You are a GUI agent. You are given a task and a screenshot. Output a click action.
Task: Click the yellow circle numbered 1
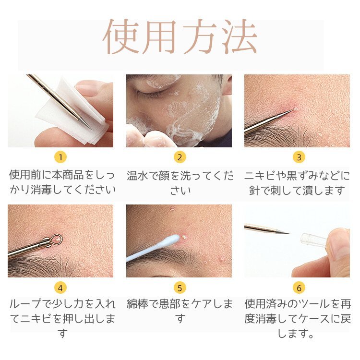(60, 157)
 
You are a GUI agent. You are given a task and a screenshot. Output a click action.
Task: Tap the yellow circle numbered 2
(180, 157)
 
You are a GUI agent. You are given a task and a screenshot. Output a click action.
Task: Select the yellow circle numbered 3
(298, 157)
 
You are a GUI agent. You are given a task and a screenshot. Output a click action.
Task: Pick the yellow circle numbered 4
(60, 288)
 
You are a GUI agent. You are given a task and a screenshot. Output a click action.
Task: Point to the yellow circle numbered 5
(180, 288)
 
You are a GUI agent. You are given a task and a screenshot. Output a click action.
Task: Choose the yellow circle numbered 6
(298, 288)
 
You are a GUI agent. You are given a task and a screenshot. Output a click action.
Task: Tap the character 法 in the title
(239, 37)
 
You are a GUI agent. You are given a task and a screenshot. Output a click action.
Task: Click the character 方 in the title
(200, 37)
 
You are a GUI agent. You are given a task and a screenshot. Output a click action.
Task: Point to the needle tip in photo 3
(291, 112)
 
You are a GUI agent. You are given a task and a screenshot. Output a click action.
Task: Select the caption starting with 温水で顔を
(180, 182)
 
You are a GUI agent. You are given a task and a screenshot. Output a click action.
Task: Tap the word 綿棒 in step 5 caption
(138, 304)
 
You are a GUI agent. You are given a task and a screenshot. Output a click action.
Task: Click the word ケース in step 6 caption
(315, 319)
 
